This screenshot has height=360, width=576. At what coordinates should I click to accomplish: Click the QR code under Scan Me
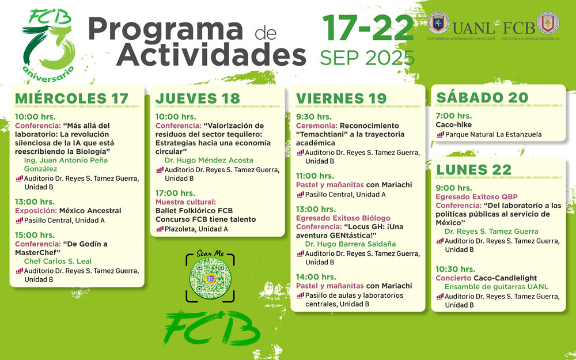210,278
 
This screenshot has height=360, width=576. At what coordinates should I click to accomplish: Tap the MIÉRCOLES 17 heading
71,98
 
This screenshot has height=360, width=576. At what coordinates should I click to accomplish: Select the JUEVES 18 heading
198,98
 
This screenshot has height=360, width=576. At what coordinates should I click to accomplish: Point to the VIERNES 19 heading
341,98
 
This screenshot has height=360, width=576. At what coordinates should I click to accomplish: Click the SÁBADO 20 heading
482,97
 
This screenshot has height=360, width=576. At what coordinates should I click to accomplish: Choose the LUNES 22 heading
474,170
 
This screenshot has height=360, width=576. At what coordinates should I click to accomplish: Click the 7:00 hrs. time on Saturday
454,116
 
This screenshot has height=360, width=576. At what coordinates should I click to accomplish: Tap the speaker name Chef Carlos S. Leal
58,261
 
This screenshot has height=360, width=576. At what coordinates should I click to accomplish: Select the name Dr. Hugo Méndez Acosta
209,160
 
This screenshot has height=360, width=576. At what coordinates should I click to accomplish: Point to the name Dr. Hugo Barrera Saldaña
350,244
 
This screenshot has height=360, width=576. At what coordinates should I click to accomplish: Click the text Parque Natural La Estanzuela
494,134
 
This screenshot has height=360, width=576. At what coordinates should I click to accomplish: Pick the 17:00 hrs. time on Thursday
175,193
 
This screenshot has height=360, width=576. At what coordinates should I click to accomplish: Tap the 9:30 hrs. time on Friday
314,117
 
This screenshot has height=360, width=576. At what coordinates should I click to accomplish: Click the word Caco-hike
454,125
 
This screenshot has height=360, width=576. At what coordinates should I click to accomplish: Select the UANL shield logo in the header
438,23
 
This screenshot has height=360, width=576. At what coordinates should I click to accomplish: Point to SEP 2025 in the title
367,58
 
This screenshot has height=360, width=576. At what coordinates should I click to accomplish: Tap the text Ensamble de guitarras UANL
497,287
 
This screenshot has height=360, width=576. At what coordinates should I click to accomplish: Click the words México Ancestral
90,211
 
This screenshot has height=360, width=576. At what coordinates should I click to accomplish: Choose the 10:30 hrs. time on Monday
456,269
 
